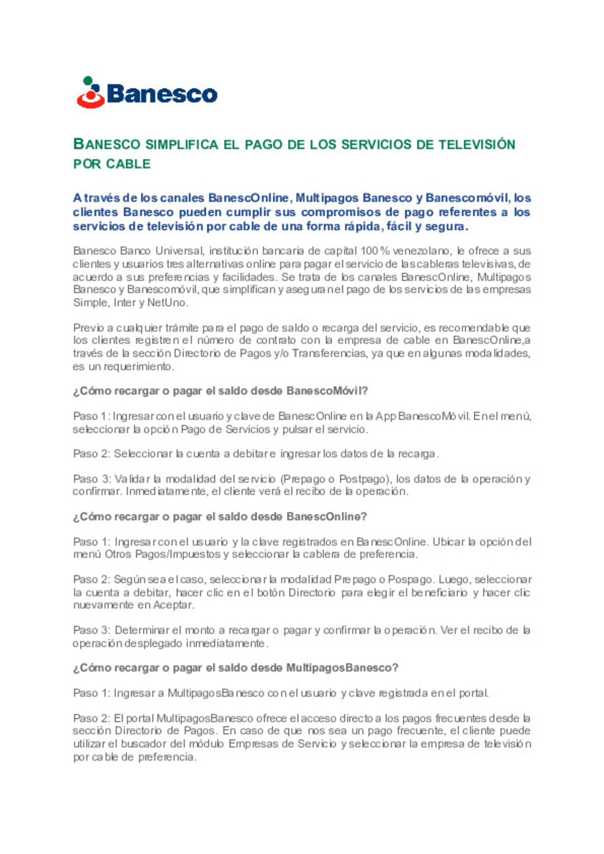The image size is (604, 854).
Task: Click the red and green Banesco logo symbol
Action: pos(91,93)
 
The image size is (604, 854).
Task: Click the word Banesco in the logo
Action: pos(162,94)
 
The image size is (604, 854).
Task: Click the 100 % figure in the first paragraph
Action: pos(375,251)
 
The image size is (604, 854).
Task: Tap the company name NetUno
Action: pos(167,303)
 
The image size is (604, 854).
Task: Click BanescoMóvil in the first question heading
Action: pos(327,391)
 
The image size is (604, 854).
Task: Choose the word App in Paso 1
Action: pos(385,416)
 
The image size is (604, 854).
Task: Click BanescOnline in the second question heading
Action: pos(326,517)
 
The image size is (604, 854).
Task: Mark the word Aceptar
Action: pos(173,605)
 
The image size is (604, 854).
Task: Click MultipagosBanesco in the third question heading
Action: pos(342,668)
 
